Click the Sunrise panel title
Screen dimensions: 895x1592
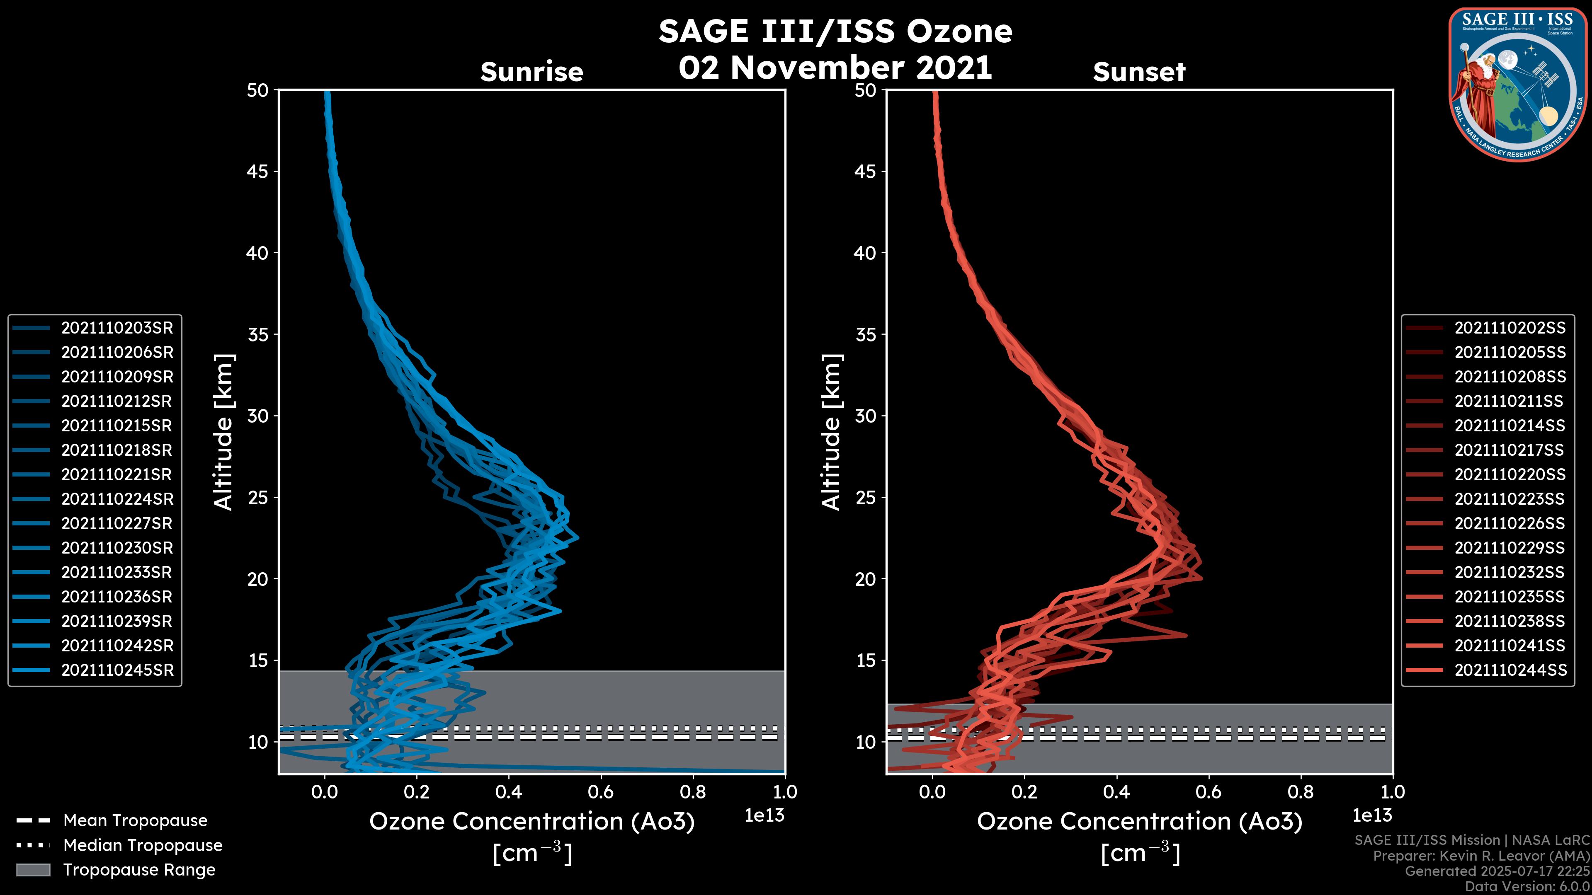point(531,72)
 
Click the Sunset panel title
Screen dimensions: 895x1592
point(1139,72)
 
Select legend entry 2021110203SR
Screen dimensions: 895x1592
point(117,328)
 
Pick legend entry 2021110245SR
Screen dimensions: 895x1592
point(117,670)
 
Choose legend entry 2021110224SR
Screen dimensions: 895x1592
point(117,499)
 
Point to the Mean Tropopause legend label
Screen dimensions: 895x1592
point(135,821)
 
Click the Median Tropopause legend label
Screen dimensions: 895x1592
point(143,846)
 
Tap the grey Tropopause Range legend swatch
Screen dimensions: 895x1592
point(33,870)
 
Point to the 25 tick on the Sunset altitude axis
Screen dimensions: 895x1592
point(866,498)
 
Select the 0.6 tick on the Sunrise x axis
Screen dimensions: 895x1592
point(601,792)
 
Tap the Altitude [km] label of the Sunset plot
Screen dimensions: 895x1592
point(831,432)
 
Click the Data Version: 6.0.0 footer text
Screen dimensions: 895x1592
point(1528,887)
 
